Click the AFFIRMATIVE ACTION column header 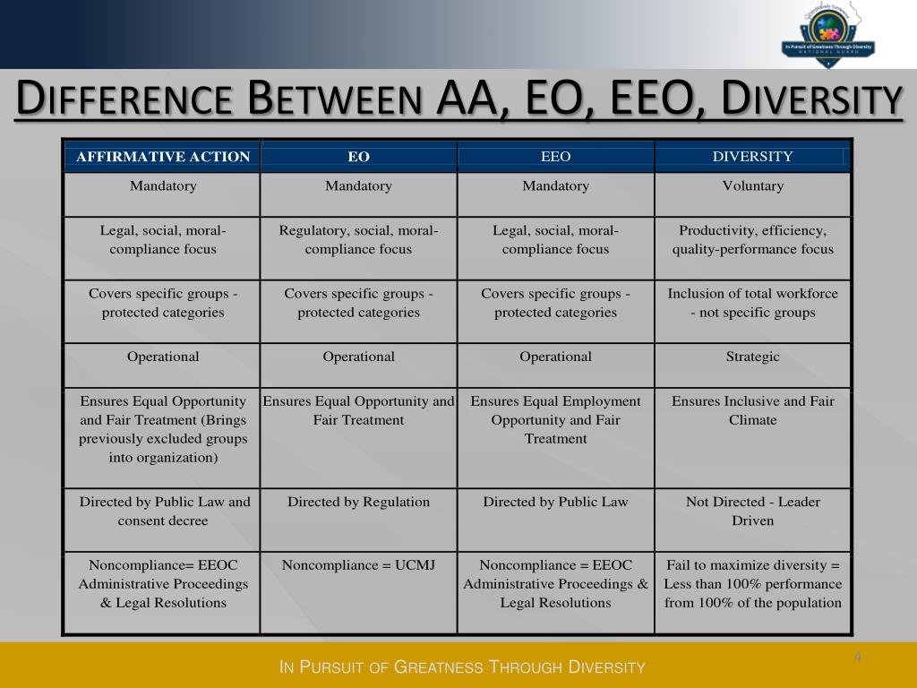162,157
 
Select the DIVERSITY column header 752,157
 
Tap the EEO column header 555,157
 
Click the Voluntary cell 752,186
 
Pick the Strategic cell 752,357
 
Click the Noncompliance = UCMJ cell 358,565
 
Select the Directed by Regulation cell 358,502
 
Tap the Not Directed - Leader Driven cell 752,511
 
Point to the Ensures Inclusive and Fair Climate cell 752,410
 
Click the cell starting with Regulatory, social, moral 358,239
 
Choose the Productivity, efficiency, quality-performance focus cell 752,239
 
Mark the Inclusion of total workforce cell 752,303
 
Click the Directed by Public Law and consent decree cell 164,511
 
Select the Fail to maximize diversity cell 752,583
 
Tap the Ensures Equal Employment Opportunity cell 555,419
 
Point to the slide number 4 857,658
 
